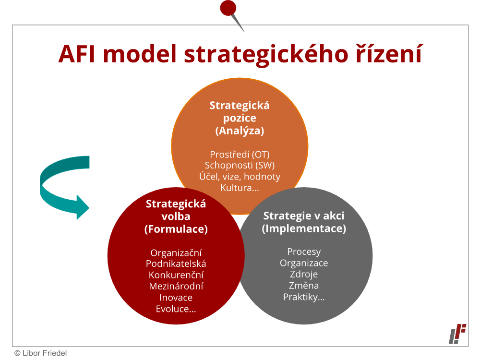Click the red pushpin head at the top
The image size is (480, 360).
coord(228,8)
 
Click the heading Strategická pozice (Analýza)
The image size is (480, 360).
coord(240,118)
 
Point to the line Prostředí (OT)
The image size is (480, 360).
coord(240,154)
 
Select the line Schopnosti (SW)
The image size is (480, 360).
coord(240,165)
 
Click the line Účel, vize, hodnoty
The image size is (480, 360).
coord(240,177)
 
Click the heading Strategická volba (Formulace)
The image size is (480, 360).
coord(176,216)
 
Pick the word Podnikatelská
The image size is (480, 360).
coord(176,264)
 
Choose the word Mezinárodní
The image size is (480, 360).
coord(176,286)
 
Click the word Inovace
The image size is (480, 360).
coord(176,298)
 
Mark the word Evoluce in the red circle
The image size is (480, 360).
coord(171,309)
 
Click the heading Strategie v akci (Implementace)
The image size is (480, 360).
coord(304,222)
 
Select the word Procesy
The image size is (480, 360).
coord(304,252)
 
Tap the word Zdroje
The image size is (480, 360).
coord(304,274)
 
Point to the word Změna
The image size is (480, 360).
coord(304,285)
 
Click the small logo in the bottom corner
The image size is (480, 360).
coord(457,334)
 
